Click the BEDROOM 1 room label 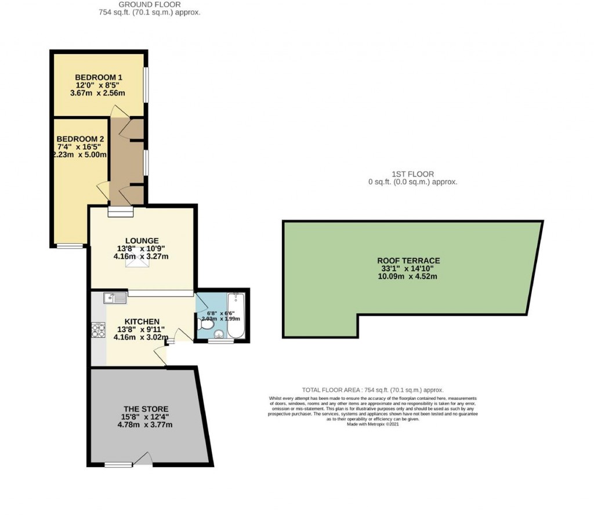click(98, 77)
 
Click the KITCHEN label click(142, 322)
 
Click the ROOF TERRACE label click(408, 261)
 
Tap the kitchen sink click(115, 298)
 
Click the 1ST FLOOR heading click(412, 174)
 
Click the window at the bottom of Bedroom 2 click(70, 246)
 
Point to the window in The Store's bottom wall click(119, 464)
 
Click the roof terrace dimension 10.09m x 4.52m click(407, 276)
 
